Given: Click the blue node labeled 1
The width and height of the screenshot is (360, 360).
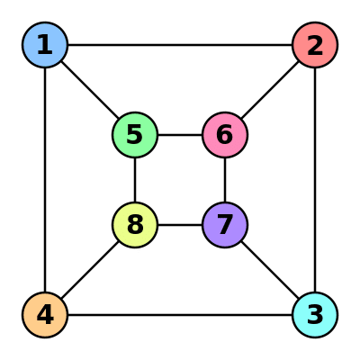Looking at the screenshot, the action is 45,45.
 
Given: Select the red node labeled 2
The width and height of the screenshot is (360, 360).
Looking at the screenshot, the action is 315,45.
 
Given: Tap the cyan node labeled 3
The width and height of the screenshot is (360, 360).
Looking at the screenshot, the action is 315,315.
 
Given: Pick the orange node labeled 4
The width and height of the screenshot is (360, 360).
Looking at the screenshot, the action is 45,315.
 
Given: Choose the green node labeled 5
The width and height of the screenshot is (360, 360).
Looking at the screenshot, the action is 135,135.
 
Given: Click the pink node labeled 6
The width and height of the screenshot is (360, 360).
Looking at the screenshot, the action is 225,135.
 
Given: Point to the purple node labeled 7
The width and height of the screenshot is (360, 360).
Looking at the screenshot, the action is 225,225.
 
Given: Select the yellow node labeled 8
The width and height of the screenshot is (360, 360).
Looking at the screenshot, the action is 135,225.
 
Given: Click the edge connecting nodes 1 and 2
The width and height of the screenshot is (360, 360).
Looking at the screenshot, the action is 180,45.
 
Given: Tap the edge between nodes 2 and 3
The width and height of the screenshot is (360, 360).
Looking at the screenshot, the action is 315,180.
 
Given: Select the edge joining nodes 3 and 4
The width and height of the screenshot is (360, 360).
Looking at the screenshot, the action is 180,315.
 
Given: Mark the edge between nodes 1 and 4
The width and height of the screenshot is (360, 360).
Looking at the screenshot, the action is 45,180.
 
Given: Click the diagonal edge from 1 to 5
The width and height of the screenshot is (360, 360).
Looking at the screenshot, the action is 90,90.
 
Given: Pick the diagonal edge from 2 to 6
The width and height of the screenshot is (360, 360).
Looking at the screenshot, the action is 270,90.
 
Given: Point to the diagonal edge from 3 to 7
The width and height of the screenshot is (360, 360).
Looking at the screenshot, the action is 270,270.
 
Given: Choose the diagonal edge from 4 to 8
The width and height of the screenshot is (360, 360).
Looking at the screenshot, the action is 90,270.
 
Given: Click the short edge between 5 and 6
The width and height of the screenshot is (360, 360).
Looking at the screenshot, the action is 180,135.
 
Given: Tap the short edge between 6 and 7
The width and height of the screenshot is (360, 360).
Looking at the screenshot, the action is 225,180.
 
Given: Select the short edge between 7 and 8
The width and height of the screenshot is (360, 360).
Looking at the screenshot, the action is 180,225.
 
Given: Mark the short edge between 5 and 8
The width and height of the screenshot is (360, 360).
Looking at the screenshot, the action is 135,180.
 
